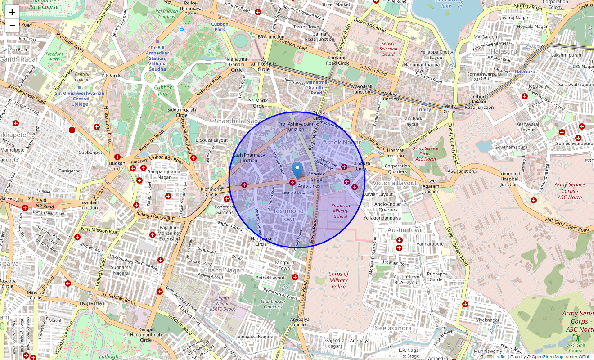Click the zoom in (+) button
[x=12, y=12]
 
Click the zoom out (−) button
[x=12, y=25]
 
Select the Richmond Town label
[x=289, y=215]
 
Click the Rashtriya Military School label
[x=341, y=211]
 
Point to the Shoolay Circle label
[x=316, y=176]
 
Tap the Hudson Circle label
[x=117, y=166]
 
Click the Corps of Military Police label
[x=338, y=280]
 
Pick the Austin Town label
[x=405, y=230]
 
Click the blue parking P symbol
[x=181, y=31]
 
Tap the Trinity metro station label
[x=423, y=109]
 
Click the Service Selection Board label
[x=388, y=49]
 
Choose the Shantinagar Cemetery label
[x=273, y=304]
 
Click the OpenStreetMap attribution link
[x=547, y=356]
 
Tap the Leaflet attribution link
[x=499, y=356]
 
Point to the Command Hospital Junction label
[x=509, y=179]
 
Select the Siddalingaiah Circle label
[x=181, y=112]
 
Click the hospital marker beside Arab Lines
[x=292, y=183]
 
